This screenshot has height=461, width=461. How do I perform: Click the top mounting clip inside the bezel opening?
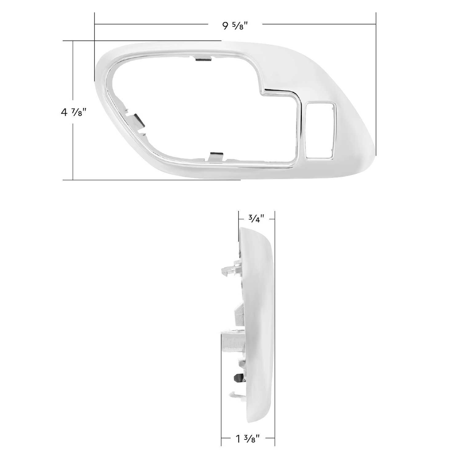click(x=203, y=59)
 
